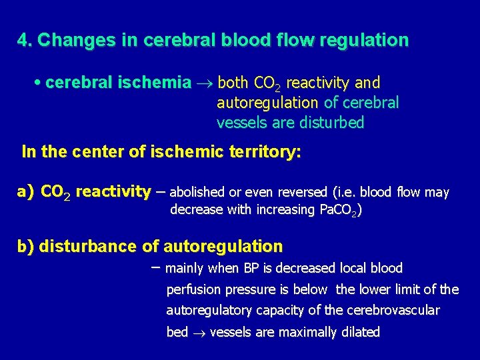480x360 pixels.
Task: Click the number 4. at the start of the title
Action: point(25,41)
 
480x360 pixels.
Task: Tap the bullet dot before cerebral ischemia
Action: point(37,82)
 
